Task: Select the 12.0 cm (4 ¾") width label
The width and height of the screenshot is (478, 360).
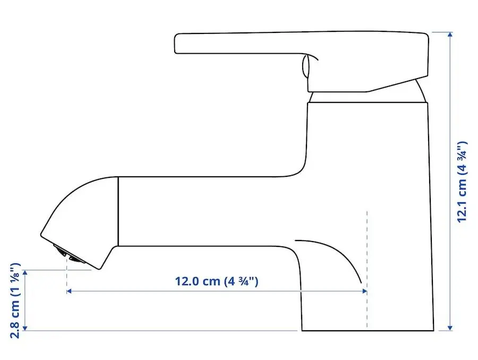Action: [x=217, y=281]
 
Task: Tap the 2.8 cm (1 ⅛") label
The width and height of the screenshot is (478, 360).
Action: [x=15, y=300]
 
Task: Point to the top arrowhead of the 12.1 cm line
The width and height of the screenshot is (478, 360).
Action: [x=450, y=35]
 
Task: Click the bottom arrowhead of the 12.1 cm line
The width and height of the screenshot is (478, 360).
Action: [x=450, y=328]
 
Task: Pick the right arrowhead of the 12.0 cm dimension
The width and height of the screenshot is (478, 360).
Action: [x=364, y=291]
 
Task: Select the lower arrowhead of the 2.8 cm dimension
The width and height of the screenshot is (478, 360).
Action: [x=24, y=328]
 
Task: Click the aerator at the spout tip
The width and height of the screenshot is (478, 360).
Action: [x=68, y=253]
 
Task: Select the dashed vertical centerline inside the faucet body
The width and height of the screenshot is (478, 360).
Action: [x=367, y=265]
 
